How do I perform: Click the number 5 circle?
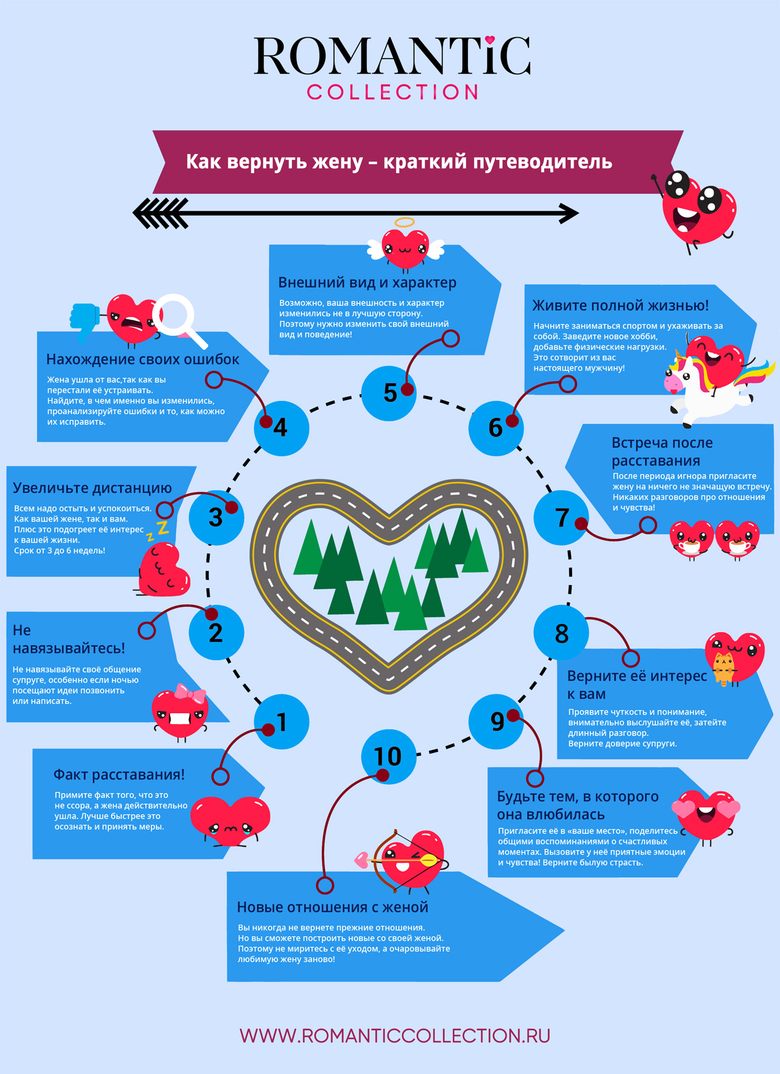pyautogui.click(x=388, y=393)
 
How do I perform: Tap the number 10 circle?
pyautogui.click(x=388, y=756)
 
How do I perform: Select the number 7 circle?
pyautogui.click(x=561, y=518)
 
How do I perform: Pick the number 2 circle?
pyautogui.click(x=216, y=632)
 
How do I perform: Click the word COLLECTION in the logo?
pyautogui.click(x=392, y=92)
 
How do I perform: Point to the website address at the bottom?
pyautogui.click(x=395, y=1036)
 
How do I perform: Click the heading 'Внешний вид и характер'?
pyautogui.click(x=367, y=283)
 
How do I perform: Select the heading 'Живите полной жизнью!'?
pyautogui.click(x=620, y=305)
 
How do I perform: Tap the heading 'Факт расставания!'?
pyautogui.click(x=119, y=774)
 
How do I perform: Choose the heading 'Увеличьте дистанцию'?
pyautogui.click(x=92, y=488)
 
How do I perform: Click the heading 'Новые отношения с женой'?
pyautogui.click(x=332, y=907)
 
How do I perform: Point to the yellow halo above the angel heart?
pyautogui.click(x=404, y=223)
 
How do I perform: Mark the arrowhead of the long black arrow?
pyautogui.click(x=569, y=213)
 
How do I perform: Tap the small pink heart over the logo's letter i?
pyautogui.click(x=489, y=41)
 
